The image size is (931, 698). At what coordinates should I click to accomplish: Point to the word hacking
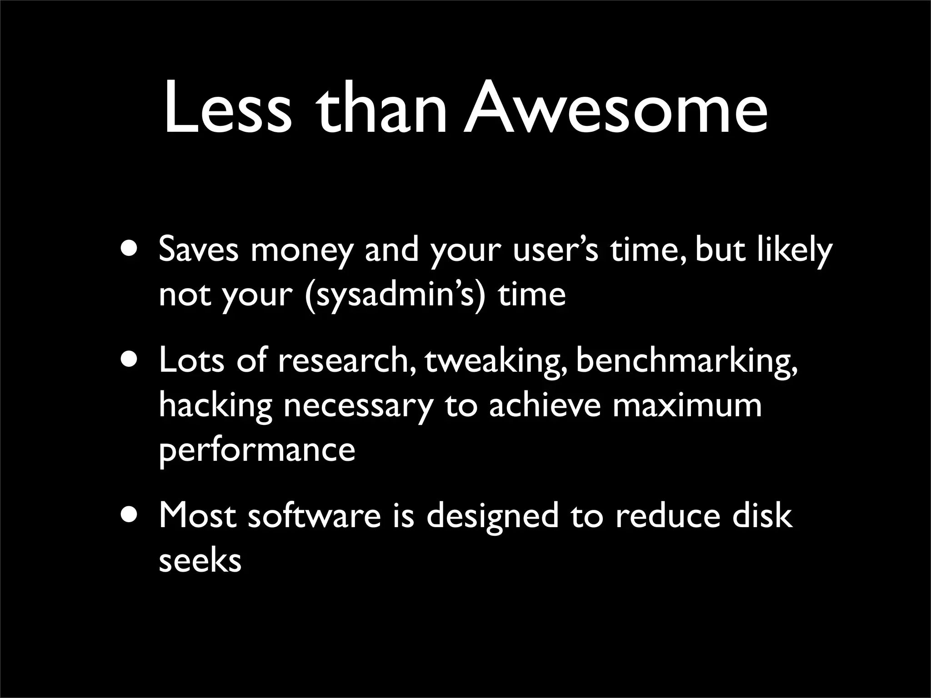pos(215,406)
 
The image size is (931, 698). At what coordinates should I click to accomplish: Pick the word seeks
pos(200,560)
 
